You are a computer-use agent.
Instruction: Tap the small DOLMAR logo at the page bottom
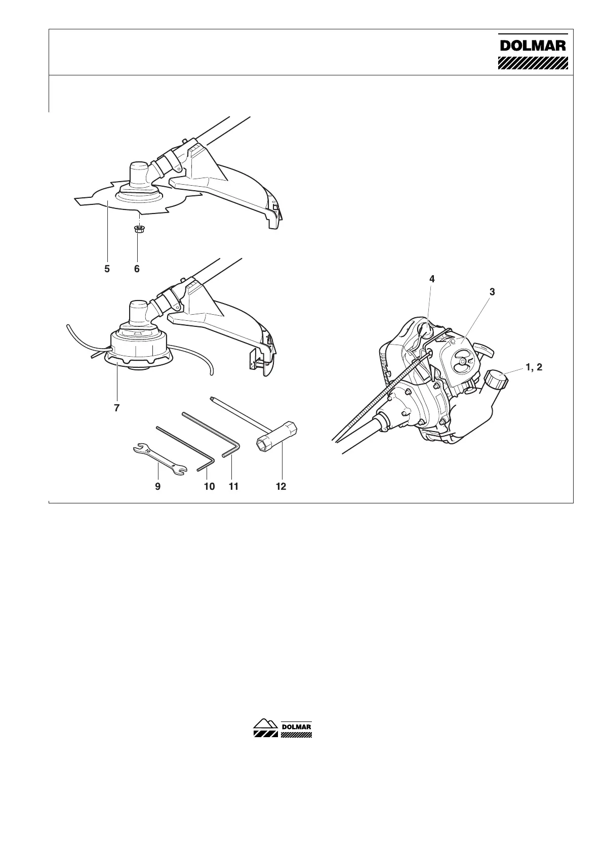click(282, 728)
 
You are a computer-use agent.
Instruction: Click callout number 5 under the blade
click(107, 269)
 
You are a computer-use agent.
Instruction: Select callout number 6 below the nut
click(137, 269)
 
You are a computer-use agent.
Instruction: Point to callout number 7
click(117, 407)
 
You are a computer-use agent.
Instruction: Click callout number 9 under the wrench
click(158, 486)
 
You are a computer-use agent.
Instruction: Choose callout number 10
click(209, 486)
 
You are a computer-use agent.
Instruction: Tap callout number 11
click(233, 486)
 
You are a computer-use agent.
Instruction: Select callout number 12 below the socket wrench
click(281, 486)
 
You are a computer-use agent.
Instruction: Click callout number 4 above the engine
click(432, 279)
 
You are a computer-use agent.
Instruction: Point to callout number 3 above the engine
click(492, 291)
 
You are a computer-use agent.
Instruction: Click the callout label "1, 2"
click(534, 367)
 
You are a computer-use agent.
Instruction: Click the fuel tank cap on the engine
click(496, 378)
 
